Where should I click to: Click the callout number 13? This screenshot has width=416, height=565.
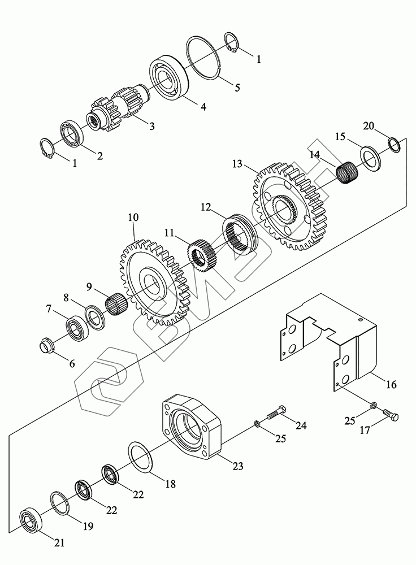click(237, 164)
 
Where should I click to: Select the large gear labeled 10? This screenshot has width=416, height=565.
click(155, 282)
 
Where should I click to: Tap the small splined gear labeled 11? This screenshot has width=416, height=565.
click(202, 255)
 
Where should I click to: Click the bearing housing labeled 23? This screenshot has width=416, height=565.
click(191, 427)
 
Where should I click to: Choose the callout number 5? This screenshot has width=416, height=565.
click(237, 87)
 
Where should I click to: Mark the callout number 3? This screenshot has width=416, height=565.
click(152, 126)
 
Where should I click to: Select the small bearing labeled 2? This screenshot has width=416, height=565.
click(72, 133)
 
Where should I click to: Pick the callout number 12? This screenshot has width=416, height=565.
click(206, 207)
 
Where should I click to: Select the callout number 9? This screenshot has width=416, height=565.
click(89, 286)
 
